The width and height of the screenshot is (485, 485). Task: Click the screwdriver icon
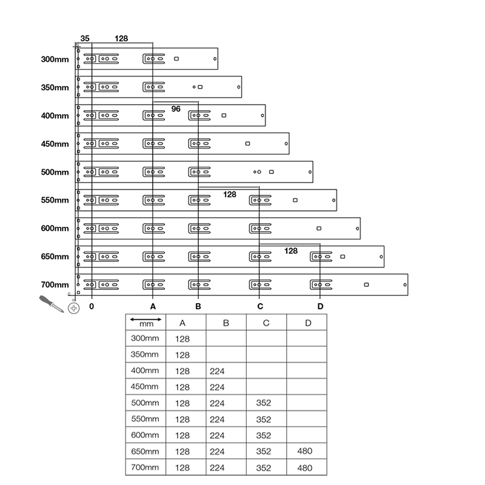pyautogui.click(x=52, y=303)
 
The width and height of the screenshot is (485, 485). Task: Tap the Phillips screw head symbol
pyautogui.click(x=74, y=309)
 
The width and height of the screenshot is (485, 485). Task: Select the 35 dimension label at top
pyautogui.click(x=85, y=38)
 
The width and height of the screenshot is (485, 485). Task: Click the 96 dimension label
pyautogui.click(x=176, y=109)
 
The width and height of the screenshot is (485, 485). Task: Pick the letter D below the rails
pyautogui.click(x=320, y=307)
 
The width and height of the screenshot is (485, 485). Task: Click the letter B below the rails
pyautogui.click(x=198, y=307)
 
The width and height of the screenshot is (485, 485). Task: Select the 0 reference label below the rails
pyautogui.click(x=91, y=307)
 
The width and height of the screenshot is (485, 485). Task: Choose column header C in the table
pyautogui.click(x=266, y=323)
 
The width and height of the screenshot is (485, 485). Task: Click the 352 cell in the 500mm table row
pyautogui.click(x=264, y=403)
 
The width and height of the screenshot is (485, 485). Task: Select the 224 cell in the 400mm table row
pyautogui.click(x=216, y=370)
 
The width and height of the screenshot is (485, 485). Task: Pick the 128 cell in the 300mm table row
pyautogui.click(x=182, y=338)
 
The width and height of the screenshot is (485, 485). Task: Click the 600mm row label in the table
pyautogui.click(x=145, y=435)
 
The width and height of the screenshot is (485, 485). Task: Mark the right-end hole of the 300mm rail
pyautogui.click(x=215, y=59)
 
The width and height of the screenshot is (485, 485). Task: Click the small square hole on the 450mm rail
pyautogui.click(x=247, y=144)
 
